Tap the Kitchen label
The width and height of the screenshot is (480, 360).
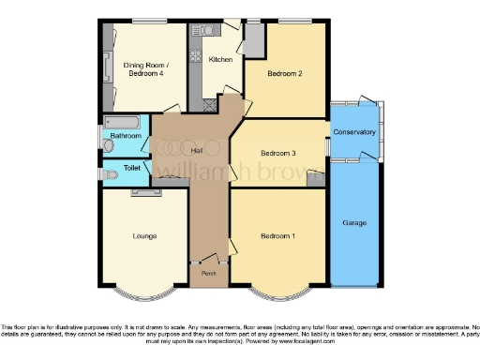coord(220,59)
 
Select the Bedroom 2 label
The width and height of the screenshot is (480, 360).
coord(284,73)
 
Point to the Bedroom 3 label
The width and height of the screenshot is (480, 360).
coord(278,153)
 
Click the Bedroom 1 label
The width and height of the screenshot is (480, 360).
coord(278,235)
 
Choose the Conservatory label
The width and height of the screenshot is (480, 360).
coord(353,132)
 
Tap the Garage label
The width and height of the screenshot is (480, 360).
coord(353,223)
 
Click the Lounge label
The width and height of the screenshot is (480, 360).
coord(144,235)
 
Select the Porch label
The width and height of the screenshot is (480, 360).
coord(208,273)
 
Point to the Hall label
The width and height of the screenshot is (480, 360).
coord(197,150)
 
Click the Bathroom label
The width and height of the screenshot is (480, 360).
coord(125,137)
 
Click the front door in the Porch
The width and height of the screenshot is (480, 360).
coord(208,258)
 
